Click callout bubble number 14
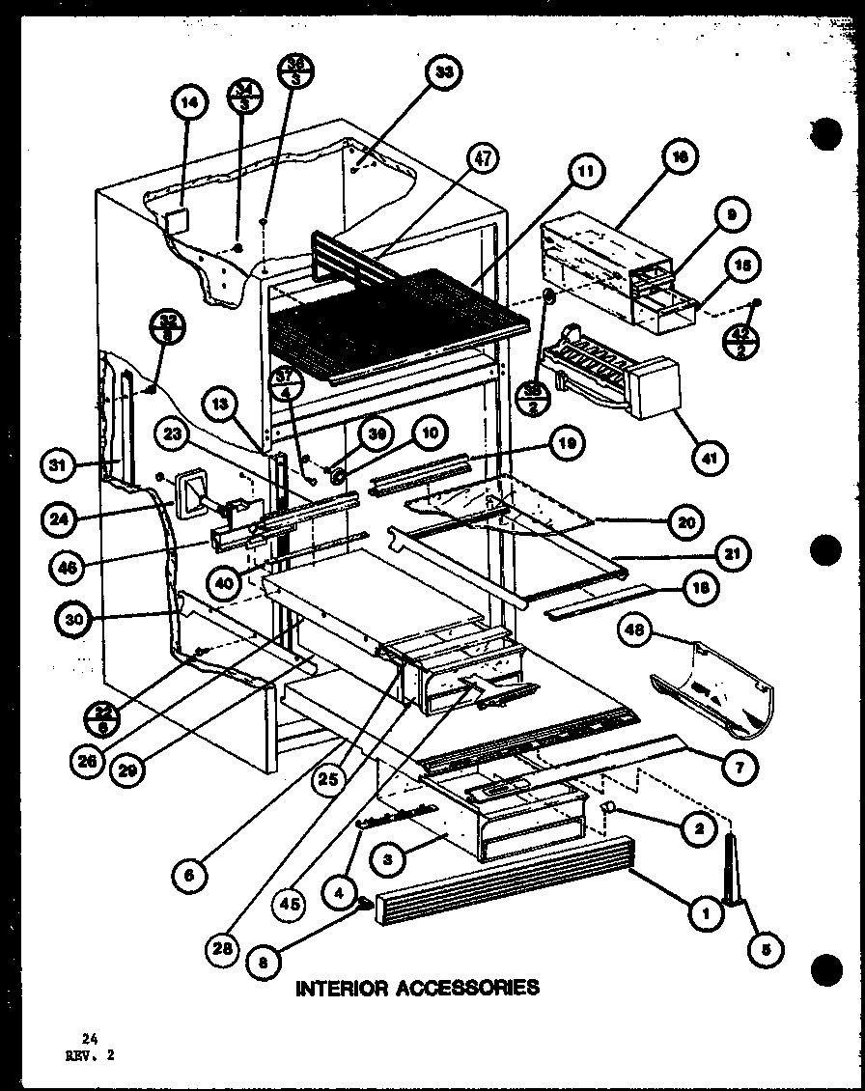pos(189,105)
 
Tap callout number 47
pos(483,158)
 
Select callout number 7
pos(739,766)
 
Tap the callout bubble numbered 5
pos(765,949)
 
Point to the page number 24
pos(90,1037)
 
